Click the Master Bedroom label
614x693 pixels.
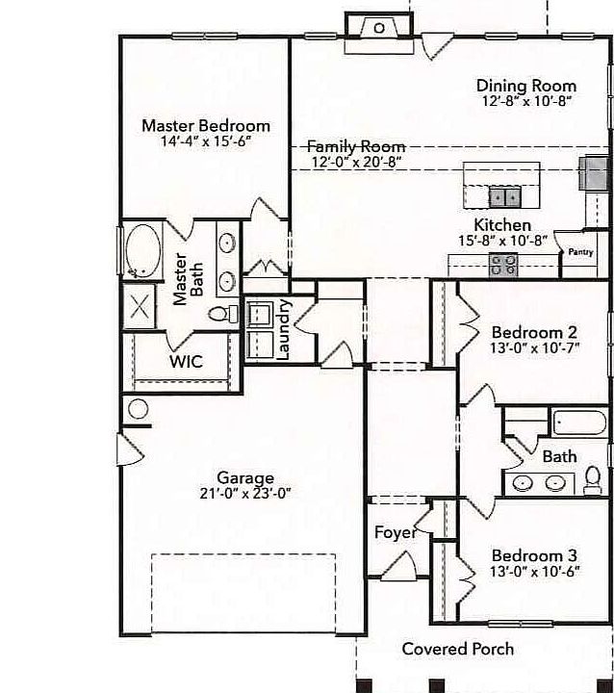pos(206,125)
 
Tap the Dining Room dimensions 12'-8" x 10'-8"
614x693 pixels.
pos(526,100)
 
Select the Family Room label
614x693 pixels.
pos(356,146)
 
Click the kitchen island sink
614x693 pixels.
pos(504,197)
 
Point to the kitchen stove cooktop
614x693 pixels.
pos(503,264)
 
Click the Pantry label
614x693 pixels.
pos(579,252)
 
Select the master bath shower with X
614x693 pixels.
pos(141,309)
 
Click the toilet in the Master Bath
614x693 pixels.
pos(222,314)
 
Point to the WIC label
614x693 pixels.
pos(185,362)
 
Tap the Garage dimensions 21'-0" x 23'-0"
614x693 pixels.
pos(244,493)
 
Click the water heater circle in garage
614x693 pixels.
pos(138,409)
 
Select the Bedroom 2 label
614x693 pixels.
pos(534,332)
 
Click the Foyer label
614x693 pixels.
pos(395,532)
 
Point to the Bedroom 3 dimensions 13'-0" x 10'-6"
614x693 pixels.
pos(534,572)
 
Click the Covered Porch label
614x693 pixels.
pos(458,649)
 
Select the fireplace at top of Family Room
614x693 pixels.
pos(379,28)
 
